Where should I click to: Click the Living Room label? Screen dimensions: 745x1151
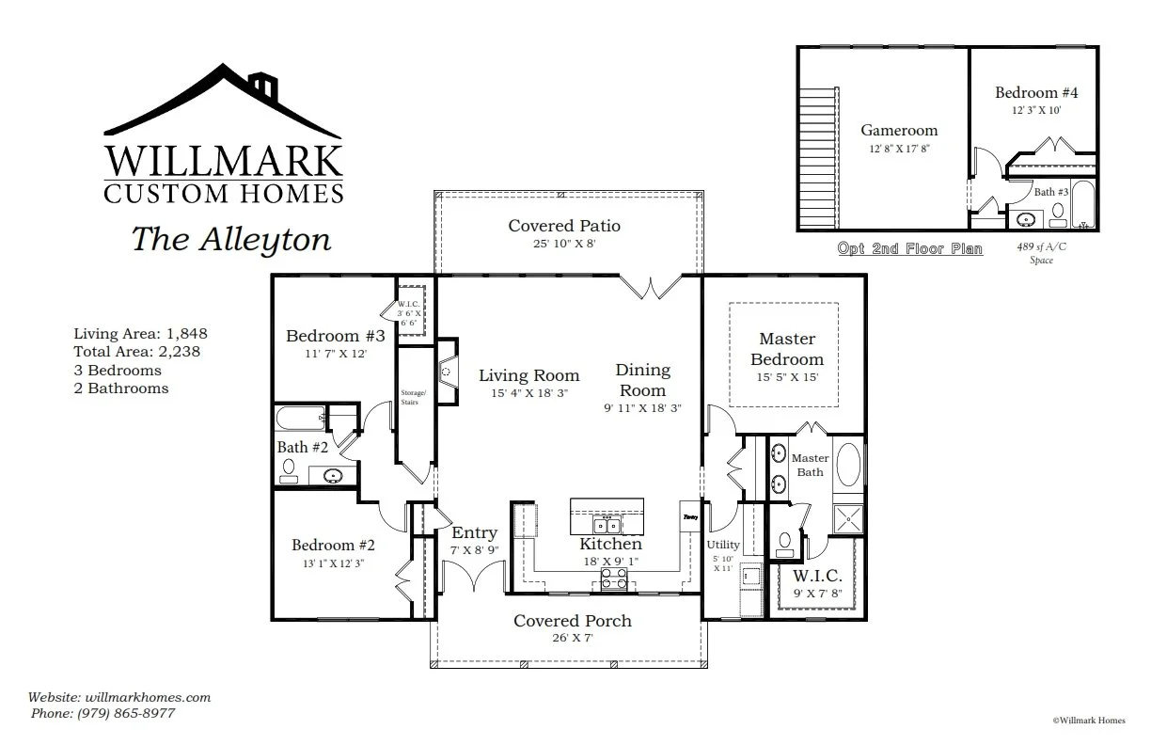[528, 375]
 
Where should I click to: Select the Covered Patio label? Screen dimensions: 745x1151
[564, 226]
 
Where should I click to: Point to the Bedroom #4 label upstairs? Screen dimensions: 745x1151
[1036, 92]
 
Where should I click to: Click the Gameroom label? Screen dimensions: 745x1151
[899, 131]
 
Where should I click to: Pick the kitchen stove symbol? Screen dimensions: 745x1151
[613, 579]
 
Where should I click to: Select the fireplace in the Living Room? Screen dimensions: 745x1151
[449, 372]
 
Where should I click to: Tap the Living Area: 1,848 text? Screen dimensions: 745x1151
[140, 334]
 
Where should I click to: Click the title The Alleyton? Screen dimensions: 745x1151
[230, 239]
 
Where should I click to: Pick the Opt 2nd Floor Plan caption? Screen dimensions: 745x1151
[910, 249]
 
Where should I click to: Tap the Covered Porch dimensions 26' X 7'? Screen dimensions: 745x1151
[572, 638]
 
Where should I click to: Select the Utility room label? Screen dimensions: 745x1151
[723, 545]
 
